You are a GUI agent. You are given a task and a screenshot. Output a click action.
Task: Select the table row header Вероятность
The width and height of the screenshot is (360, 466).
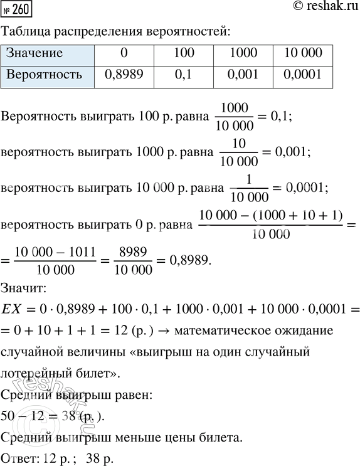[x=44, y=75]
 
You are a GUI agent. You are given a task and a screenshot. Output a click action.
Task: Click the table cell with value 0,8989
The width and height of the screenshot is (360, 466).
[x=123, y=75]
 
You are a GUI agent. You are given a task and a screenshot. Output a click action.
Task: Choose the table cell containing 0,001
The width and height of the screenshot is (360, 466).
[x=243, y=75]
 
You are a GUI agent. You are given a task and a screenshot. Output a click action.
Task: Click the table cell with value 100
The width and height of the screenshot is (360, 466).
[x=183, y=53]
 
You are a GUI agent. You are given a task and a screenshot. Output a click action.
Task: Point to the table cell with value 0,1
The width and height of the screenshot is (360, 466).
[x=183, y=75]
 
